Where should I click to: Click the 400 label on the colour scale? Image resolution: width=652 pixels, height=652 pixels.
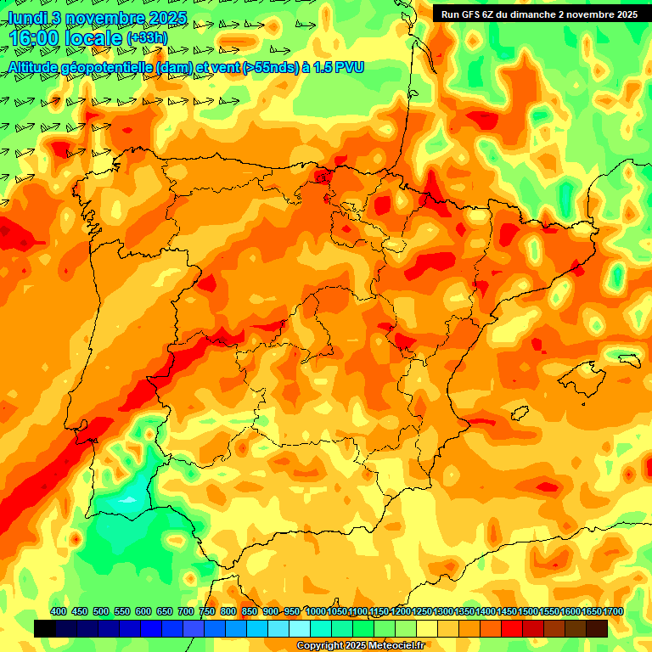click(59, 611)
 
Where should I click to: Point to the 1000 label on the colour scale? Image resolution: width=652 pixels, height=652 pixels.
click(316, 611)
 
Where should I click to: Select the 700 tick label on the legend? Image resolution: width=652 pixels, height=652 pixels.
click(186, 611)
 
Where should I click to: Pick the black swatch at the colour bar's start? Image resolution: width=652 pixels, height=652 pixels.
click(45, 628)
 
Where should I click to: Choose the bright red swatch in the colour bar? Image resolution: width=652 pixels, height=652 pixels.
click(512, 628)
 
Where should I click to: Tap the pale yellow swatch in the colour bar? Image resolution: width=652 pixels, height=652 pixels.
click(427, 628)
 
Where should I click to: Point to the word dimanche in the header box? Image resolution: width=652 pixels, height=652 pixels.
click(532, 14)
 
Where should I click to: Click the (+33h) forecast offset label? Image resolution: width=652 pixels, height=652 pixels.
click(146, 38)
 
